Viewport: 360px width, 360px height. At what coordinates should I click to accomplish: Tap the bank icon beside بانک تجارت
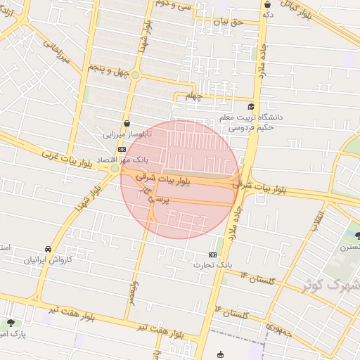point(212,254)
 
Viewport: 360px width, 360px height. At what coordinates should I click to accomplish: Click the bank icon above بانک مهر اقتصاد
point(122,149)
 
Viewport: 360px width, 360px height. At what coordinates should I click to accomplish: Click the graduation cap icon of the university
point(251,106)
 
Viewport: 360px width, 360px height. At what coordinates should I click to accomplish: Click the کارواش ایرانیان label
point(49,260)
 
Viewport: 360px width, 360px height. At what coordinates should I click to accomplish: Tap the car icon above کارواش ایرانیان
point(48,250)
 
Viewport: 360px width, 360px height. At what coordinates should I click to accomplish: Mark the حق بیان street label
point(228,22)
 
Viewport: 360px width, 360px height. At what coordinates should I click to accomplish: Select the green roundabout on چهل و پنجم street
point(135,74)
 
